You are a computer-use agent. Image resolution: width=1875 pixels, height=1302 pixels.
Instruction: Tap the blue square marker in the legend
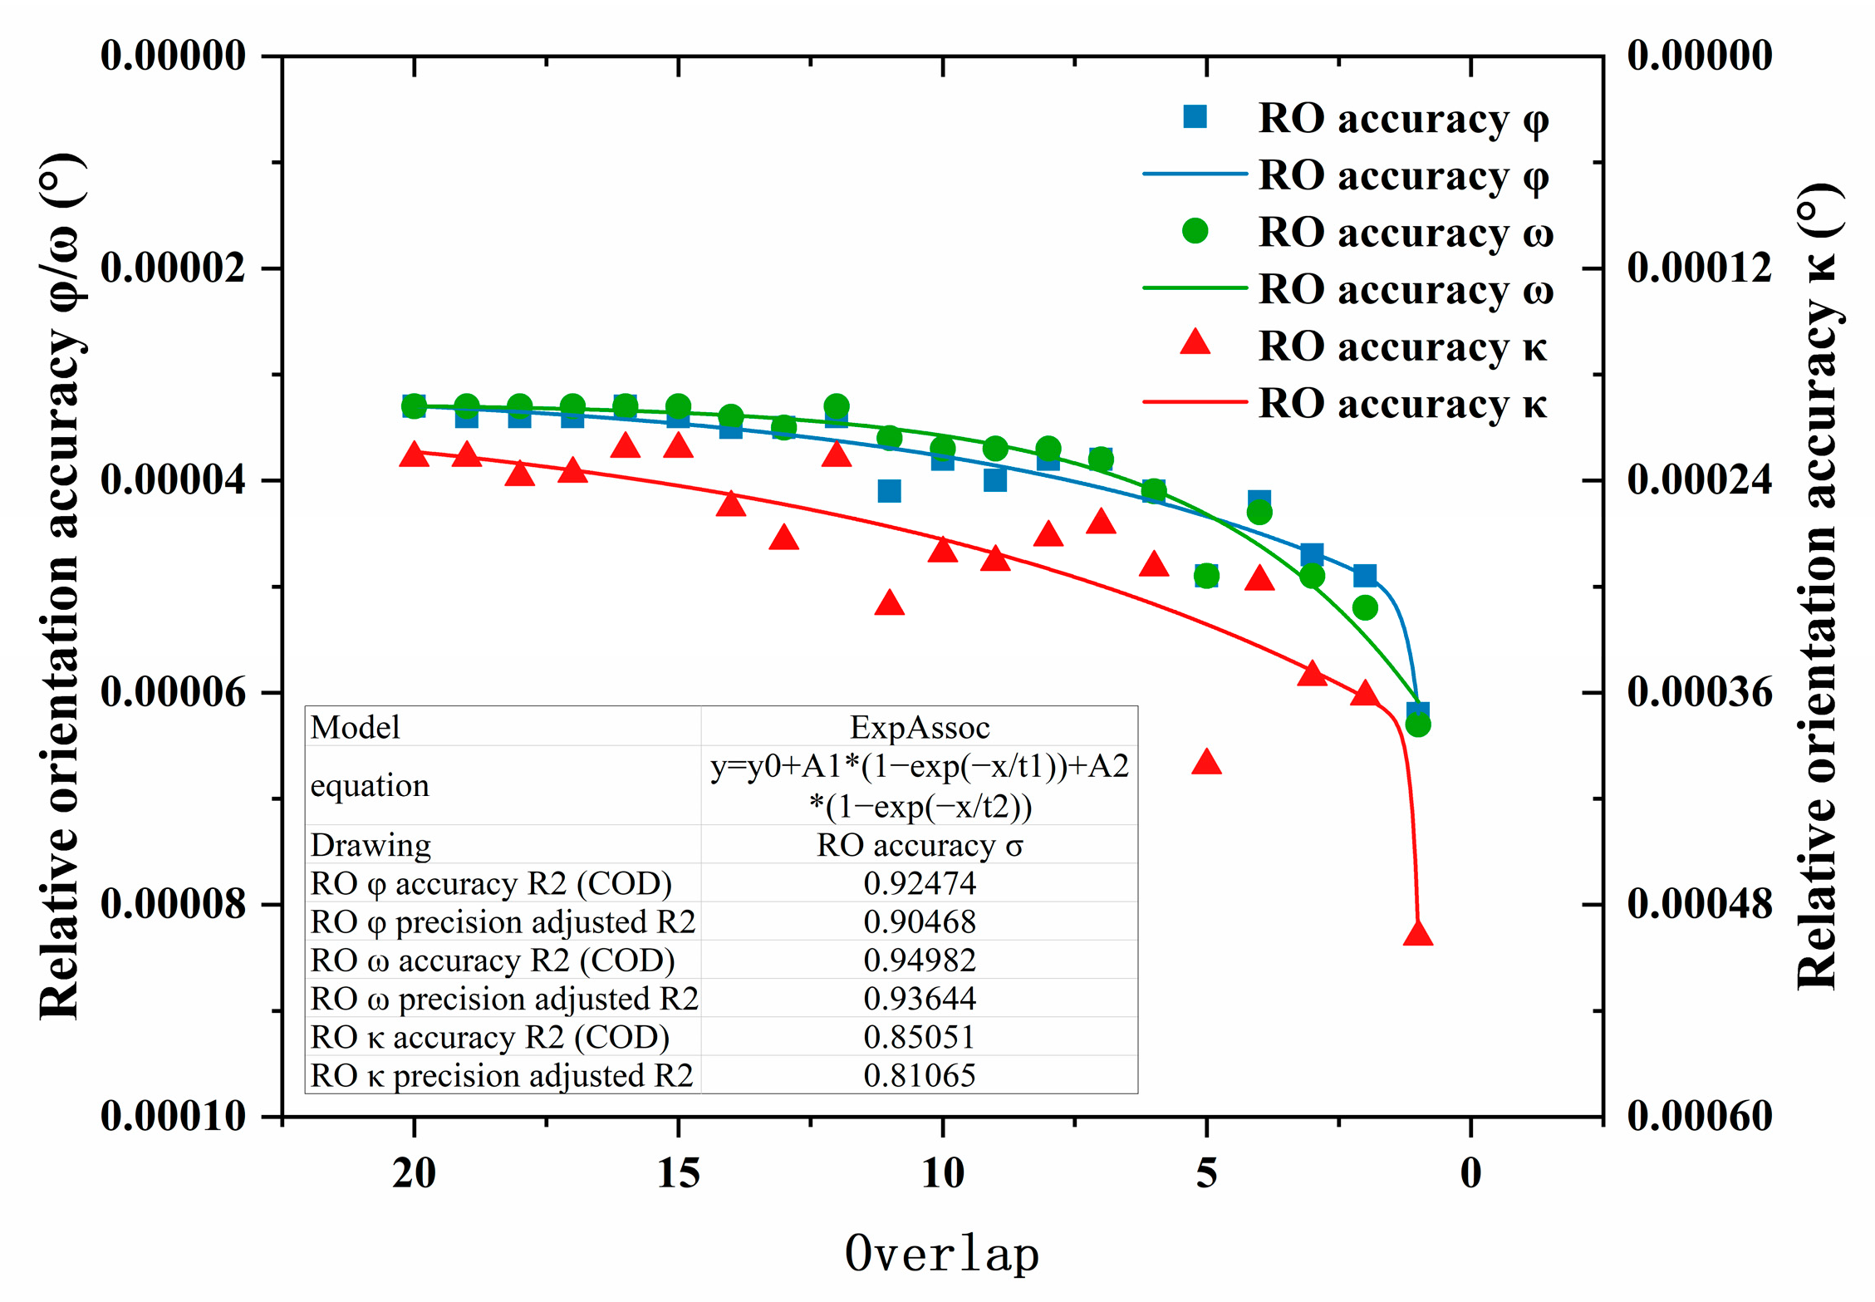click(1195, 117)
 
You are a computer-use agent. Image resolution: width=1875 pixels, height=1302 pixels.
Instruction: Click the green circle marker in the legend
click(1195, 231)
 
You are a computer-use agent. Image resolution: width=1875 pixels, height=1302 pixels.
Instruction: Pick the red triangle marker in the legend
click(1195, 343)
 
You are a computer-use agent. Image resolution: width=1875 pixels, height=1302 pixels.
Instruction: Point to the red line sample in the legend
click(1195, 402)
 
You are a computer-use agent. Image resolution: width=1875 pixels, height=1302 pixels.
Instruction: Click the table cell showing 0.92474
click(920, 882)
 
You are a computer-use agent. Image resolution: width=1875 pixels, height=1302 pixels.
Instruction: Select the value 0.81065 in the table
click(920, 1075)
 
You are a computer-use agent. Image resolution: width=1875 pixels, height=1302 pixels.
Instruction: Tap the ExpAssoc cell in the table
click(920, 727)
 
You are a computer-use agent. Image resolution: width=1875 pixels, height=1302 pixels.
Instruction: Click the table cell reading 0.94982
click(920, 960)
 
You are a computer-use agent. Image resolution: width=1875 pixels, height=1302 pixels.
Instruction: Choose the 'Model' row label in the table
click(355, 727)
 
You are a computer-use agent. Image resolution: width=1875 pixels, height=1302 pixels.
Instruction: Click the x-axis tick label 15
click(678, 1173)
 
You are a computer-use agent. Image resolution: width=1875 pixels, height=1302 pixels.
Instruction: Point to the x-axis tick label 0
click(1470, 1173)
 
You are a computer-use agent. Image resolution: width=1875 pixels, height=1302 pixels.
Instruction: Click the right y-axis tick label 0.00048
click(1700, 903)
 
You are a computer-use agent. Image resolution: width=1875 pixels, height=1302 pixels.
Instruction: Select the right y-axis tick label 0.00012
click(1700, 268)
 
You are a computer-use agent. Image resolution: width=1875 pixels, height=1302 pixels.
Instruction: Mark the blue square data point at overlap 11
click(889, 491)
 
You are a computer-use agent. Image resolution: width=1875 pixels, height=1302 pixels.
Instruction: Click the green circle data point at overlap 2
click(1365, 607)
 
